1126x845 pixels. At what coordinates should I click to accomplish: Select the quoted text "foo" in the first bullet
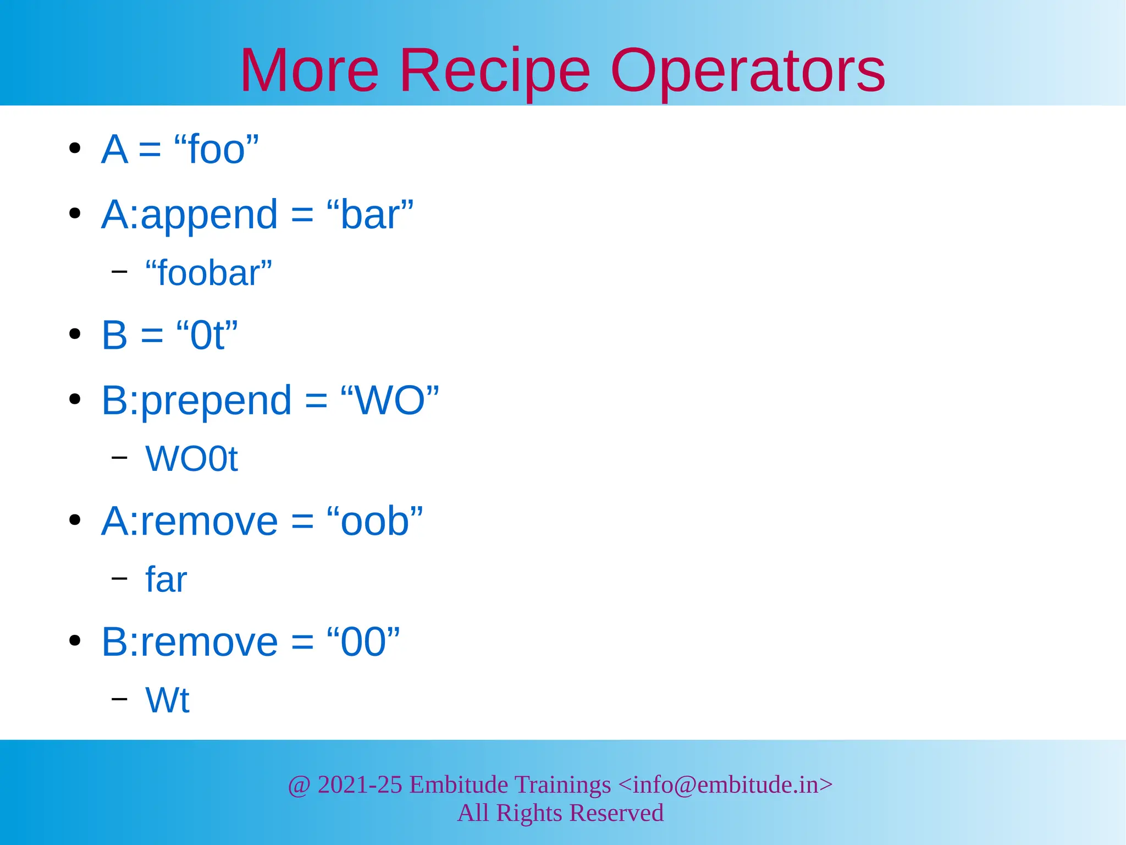coord(216,149)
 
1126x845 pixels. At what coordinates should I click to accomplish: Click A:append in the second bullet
coord(189,215)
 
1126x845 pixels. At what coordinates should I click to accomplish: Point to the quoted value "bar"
coord(369,215)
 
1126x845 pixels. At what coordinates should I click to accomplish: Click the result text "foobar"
coord(208,273)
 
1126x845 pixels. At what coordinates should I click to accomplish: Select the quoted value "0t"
coord(207,335)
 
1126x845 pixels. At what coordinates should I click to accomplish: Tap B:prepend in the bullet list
coord(196,400)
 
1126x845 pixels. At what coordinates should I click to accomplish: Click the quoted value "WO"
coord(390,400)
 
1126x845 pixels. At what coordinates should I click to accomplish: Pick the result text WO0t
coord(191,459)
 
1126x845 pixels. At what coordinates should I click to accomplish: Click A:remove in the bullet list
coord(189,521)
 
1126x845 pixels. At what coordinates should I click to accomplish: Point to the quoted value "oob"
coord(374,521)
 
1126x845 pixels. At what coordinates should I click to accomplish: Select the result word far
coord(165,579)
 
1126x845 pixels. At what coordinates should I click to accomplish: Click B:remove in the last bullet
coord(189,641)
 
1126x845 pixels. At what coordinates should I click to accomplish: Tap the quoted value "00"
coord(363,641)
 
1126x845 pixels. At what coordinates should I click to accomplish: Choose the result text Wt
coord(167,700)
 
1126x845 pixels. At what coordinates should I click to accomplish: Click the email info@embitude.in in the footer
coord(725,784)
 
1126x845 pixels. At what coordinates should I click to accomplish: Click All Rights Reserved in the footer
coord(560,813)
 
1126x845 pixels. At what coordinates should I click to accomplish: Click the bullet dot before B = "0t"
coord(75,334)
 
